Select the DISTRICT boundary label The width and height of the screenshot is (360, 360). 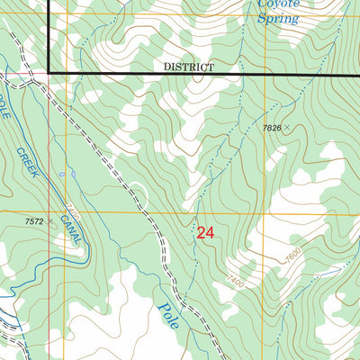tap(189, 67)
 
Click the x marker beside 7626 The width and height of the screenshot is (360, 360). tap(289, 129)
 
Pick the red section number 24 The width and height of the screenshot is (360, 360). tap(205, 233)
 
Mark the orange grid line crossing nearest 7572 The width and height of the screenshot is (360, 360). tap(66, 213)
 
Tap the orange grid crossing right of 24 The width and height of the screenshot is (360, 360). tap(264, 213)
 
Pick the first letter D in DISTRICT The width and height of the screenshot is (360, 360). tap(167, 67)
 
